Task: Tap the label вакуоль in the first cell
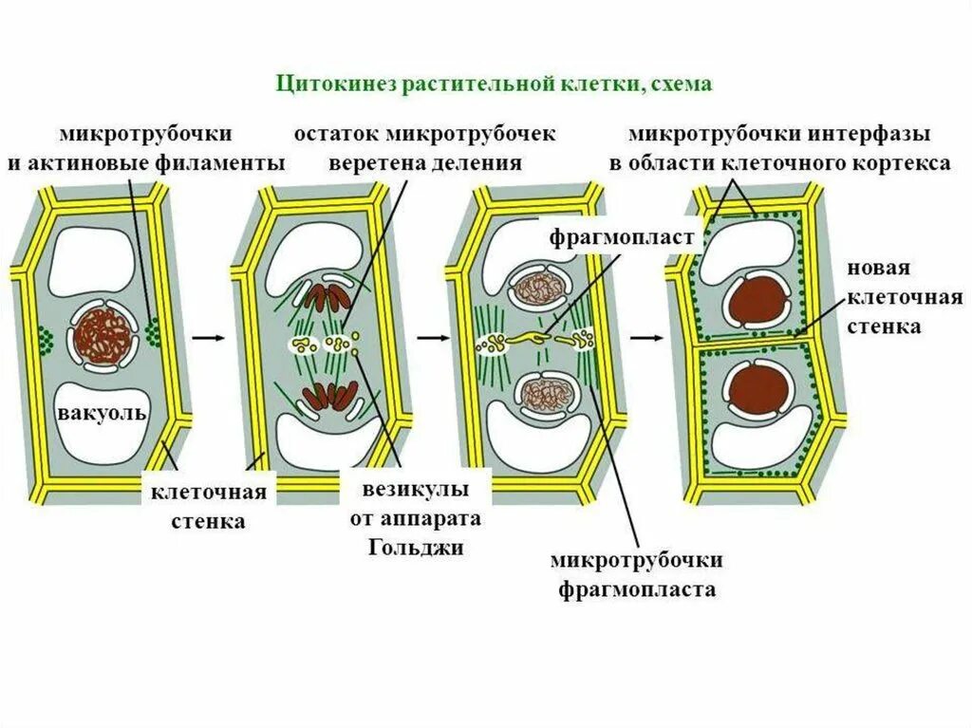[102, 414]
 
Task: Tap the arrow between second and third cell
[431, 337]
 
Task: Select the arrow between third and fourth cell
[647, 337]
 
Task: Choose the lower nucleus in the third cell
[540, 393]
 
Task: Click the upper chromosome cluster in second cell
[327, 298]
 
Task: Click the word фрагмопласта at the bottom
[637, 589]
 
